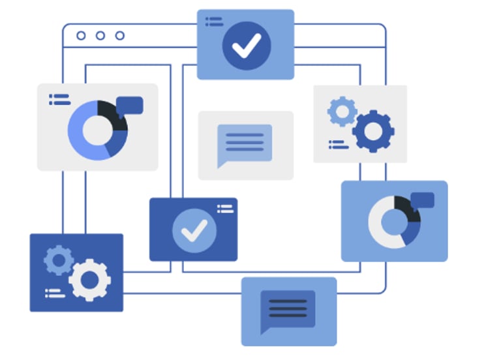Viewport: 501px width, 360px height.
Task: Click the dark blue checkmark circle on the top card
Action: [x=246, y=45]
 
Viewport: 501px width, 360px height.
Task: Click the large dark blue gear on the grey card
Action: [x=373, y=131]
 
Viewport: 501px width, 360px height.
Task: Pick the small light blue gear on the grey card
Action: [x=341, y=112]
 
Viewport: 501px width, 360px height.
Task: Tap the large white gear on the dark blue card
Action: [x=89, y=280]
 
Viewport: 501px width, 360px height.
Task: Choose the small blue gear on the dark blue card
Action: [x=59, y=260]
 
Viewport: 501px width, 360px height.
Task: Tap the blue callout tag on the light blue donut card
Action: [x=422, y=200]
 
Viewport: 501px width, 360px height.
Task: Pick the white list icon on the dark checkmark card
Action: [x=224, y=209]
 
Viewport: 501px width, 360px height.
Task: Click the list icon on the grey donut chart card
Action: [x=59, y=99]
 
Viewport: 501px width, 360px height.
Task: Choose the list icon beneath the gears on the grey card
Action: [x=338, y=145]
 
